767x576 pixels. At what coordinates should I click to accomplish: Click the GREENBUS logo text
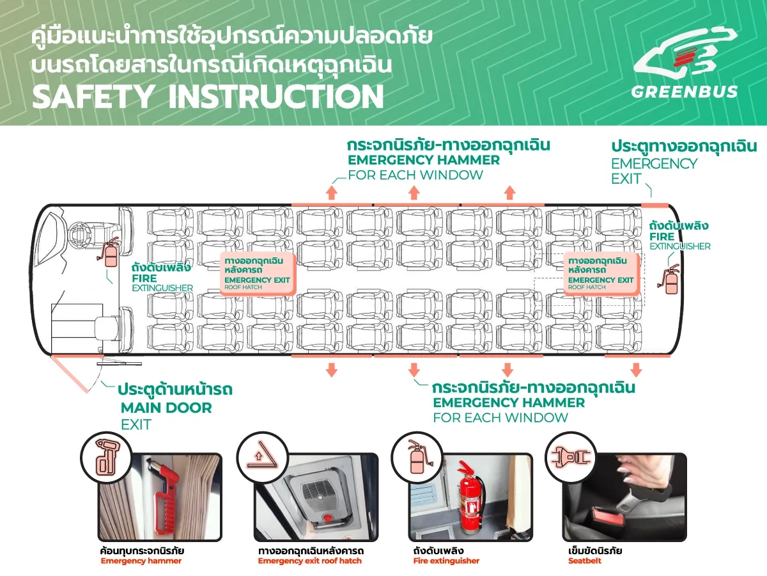pos(684,92)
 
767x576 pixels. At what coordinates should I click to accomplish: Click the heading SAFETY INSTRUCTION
pos(208,96)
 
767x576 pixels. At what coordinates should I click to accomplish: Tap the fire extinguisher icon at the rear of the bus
pos(670,280)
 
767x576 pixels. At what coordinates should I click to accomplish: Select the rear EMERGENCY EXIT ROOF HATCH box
pos(601,273)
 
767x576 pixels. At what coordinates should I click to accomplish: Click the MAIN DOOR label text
pos(166,408)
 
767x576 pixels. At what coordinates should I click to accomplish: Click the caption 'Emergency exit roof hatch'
pos(309,561)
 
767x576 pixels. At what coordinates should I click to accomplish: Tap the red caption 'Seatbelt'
pos(584,561)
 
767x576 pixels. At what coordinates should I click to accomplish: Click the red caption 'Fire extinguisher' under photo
pos(446,561)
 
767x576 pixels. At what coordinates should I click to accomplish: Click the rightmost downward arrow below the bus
pos(635,369)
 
